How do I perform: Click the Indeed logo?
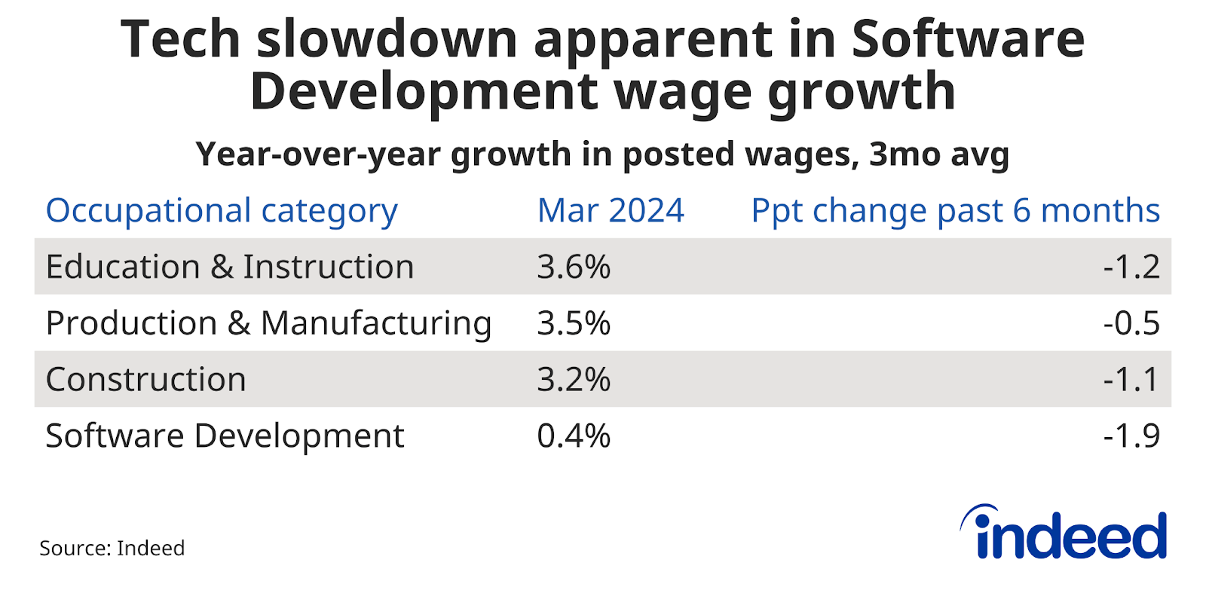(x=1064, y=533)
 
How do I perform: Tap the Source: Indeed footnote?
(x=112, y=549)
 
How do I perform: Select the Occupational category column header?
(x=222, y=211)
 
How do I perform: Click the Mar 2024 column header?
(x=611, y=211)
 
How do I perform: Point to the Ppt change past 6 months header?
(x=955, y=211)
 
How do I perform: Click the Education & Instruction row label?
(x=230, y=267)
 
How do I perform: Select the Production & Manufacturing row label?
(x=268, y=323)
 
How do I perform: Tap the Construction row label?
(x=146, y=379)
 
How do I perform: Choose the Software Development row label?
(x=225, y=436)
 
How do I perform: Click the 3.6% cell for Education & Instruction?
(x=574, y=267)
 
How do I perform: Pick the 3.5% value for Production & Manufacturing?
(x=574, y=323)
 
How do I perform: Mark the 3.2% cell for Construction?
(x=574, y=379)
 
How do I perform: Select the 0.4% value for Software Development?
(x=574, y=436)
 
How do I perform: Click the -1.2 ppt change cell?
(x=1131, y=267)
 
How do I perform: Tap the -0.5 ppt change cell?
(x=1131, y=323)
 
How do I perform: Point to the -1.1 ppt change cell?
(x=1131, y=379)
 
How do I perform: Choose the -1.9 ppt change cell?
(x=1131, y=436)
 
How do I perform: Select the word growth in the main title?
(x=862, y=92)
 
